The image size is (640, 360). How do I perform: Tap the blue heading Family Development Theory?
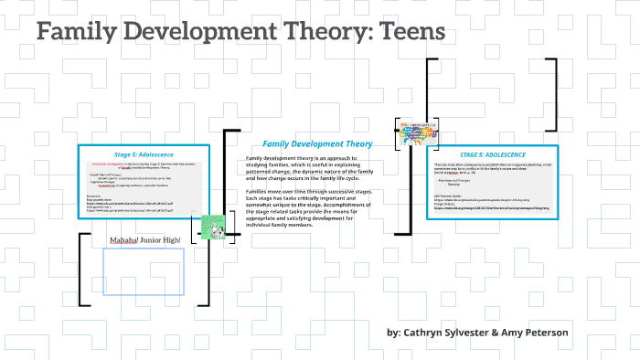[317, 143]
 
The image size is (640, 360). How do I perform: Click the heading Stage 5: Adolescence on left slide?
[144, 154]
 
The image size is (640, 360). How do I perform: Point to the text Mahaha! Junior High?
[145, 240]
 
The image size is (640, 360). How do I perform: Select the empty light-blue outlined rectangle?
[143, 272]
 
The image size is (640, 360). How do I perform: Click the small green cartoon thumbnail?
[212, 228]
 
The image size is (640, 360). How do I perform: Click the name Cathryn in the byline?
[431, 332]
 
